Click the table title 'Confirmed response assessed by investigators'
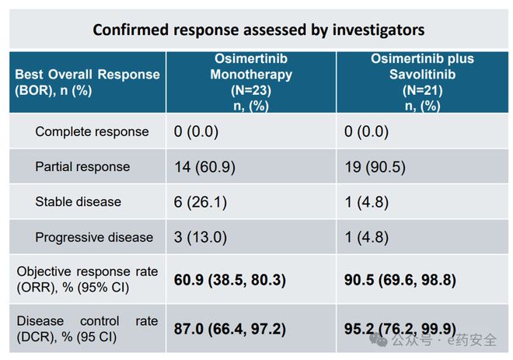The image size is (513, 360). coord(259,30)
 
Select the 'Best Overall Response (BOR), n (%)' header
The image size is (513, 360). coord(87,82)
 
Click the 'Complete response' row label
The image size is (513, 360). coord(92,131)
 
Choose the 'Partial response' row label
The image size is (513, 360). coord(82,166)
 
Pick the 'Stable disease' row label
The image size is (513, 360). coord(79,201)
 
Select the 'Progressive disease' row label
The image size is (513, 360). coord(94,237)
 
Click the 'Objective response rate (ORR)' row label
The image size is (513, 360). coord(87,279)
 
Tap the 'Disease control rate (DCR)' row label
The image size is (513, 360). coord(87,329)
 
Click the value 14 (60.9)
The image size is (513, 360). coord(204,167)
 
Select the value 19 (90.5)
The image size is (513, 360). coord(375,167)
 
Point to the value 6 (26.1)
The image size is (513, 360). coord(201,202)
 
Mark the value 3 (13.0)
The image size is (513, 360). coord(201,237)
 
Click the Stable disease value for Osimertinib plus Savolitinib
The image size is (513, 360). coord(367,202)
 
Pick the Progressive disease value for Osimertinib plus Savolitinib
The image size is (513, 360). coord(367,237)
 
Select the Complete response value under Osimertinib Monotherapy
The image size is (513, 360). coord(196,131)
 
